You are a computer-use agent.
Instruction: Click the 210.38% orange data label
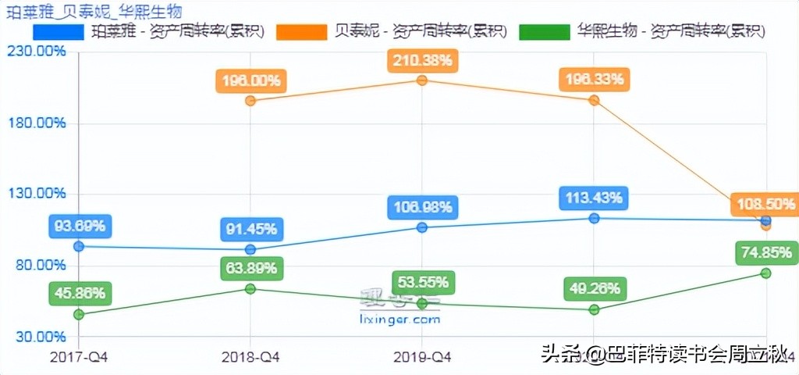pos(421,60)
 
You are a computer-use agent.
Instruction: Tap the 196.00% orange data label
pos(250,80)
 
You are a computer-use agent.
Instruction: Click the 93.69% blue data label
pos(79,227)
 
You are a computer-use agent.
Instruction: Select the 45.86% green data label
pos(79,295)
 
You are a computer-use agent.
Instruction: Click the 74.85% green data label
pos(765,253)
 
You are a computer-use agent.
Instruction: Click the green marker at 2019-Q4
pos(421,303)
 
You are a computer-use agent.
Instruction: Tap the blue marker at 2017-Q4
pos(79,247)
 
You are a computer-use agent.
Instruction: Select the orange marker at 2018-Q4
pos(250,101)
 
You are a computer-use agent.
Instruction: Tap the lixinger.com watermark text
pos(400,320)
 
